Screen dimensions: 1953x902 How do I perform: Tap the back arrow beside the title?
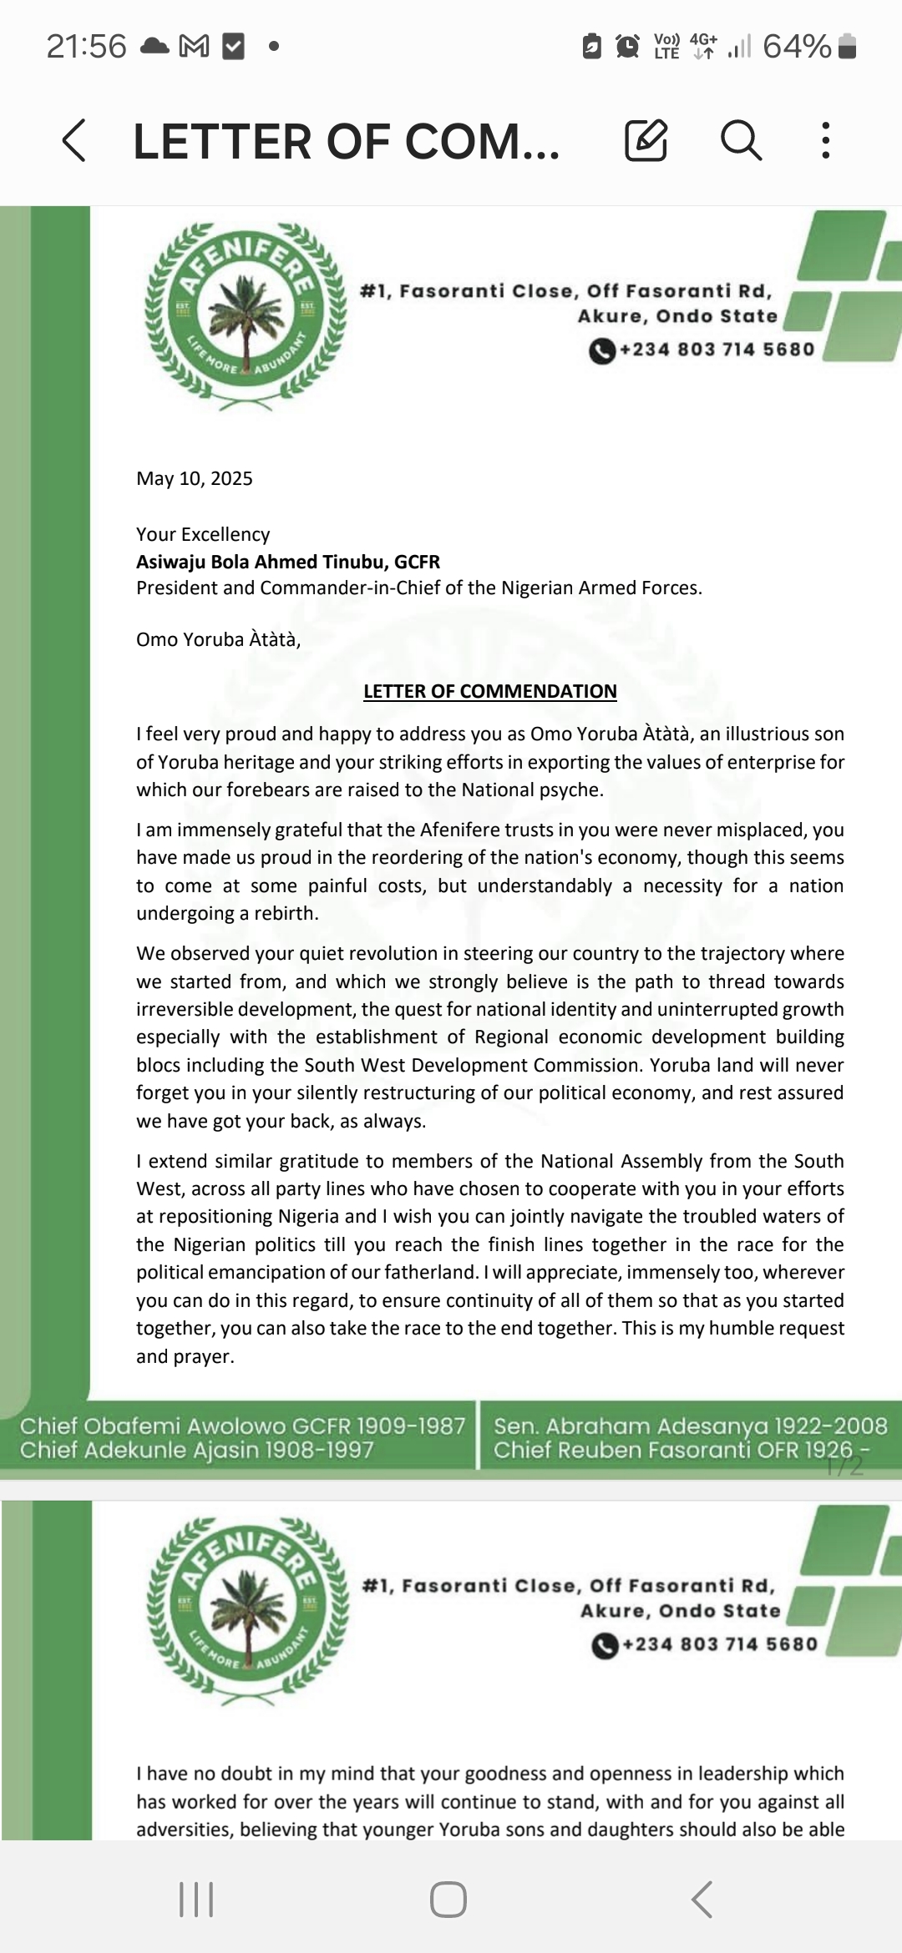[73, 140]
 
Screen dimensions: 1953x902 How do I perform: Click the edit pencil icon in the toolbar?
[646, 140]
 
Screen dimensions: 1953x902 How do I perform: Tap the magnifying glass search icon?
[741, 139]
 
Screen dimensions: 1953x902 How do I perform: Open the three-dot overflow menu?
[825, 140]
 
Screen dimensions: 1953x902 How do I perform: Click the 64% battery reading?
[797, 47]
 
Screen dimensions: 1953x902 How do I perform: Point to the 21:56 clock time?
[86, 47]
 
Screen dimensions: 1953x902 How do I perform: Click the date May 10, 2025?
[195, 478]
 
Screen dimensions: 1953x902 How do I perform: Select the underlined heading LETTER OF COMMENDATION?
[490, 691]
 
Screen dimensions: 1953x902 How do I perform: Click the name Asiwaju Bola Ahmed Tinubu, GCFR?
[288, 562]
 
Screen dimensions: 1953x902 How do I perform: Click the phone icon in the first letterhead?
[601, 351]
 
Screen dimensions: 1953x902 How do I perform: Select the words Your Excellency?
[203, 534]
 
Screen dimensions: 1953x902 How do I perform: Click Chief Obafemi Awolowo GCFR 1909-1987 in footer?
[242, 1426]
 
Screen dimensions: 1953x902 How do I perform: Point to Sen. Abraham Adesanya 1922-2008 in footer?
[690, 1426]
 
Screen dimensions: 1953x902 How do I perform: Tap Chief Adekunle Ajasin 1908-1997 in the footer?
[196, 1450]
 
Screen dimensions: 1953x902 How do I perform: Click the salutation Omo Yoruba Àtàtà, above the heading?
[218, 639]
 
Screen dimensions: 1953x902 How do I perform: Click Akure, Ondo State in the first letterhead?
[677, 316]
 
